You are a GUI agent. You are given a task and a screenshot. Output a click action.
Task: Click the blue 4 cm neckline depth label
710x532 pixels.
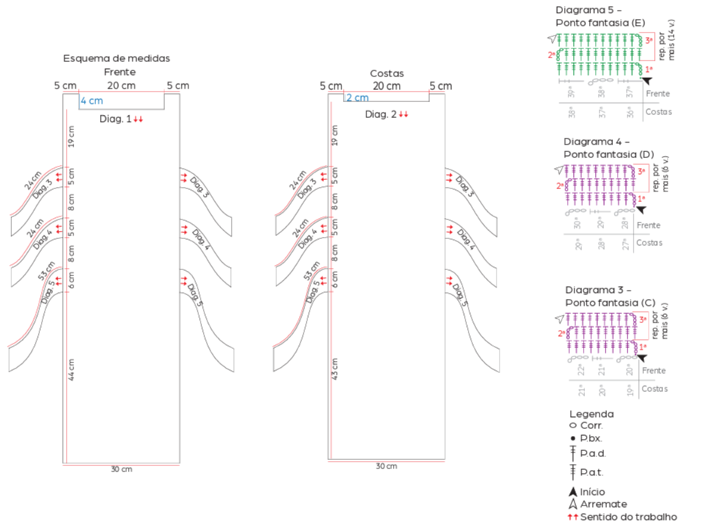(x=92, y=101)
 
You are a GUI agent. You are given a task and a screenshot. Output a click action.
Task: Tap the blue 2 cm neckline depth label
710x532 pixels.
(x=357, y=98)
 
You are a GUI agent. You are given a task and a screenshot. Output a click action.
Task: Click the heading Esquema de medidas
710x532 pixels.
(x=117, y=58)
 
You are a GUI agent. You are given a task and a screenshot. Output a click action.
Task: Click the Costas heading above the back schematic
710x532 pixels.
(x=387, y=73)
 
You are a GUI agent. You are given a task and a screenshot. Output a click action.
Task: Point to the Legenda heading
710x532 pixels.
(x=591, y=414)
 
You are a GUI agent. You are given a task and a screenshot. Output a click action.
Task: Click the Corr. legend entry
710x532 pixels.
(x=591, y=426)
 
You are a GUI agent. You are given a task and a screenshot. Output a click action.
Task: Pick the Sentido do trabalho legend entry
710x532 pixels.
(x=628, y=517)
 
